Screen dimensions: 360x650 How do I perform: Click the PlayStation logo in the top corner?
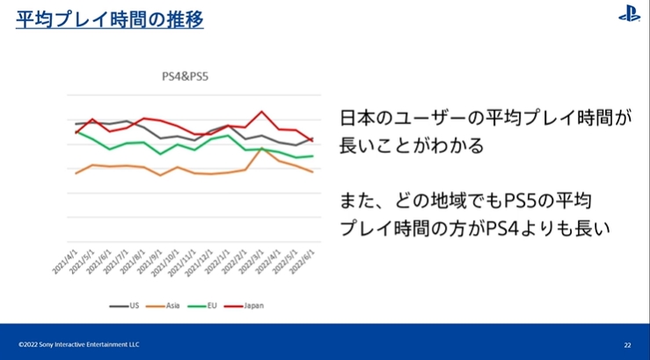(x=629, y=14)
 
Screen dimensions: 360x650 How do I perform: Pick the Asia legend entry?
(x=169, y=305)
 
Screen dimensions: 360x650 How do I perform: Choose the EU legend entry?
(x=209, y=305)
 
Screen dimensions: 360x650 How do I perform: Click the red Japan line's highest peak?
(x=261, y=112)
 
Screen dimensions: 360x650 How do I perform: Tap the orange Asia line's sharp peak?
(x=262, y=148)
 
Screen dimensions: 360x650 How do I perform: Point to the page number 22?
(x=627, y=344)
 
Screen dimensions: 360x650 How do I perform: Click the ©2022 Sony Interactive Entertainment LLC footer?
(x=78, y=344)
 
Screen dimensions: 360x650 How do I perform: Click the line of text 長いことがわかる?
(x=412, y=145)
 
